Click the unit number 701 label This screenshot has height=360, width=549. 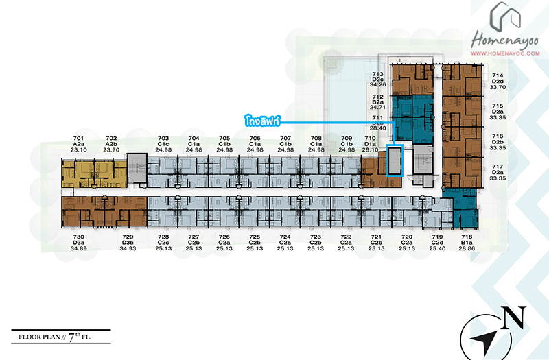[x=78, y=139]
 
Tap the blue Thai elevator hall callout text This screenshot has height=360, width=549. [x=263, y=121]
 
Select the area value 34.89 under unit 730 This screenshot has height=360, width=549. [x=78, y=248]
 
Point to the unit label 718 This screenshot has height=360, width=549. [x=467, y=237]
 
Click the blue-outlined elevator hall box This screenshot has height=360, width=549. [x=395, y=160]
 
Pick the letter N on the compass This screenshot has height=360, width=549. [x=513, y=317]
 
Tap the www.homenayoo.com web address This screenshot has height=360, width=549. [x=505, y=53]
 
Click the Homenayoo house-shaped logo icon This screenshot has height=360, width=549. [x=504, y=16]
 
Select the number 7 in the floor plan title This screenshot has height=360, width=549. [x=71, y=337]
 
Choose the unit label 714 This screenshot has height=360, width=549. [x=498, y=75]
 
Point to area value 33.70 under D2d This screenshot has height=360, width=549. [x=498, y=87]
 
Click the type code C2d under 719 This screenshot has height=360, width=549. [x=437, y=243]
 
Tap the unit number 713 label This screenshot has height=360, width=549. [x=378, y=74]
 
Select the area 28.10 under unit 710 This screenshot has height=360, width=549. [x=370, y=149]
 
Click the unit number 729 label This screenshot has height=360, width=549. [x=128, y=237]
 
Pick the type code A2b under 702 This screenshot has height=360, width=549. [x=111, y=144]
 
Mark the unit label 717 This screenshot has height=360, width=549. [x=498, y=167]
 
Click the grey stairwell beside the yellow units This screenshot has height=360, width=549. [x=137, y=168]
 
